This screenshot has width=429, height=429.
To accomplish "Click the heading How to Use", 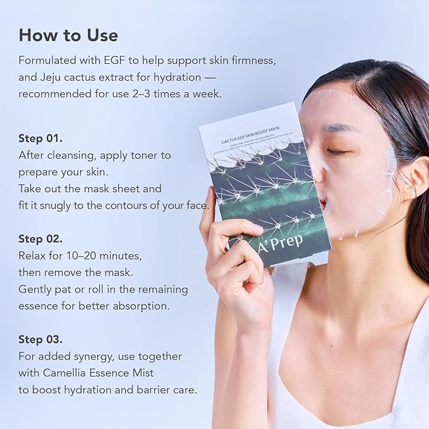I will (x=68, y=35).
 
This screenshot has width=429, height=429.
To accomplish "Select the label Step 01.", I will (x=40, y=138).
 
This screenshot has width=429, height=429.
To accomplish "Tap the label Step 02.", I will (x=40, y=239).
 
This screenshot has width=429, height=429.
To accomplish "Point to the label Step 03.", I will (x=40, y=339).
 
